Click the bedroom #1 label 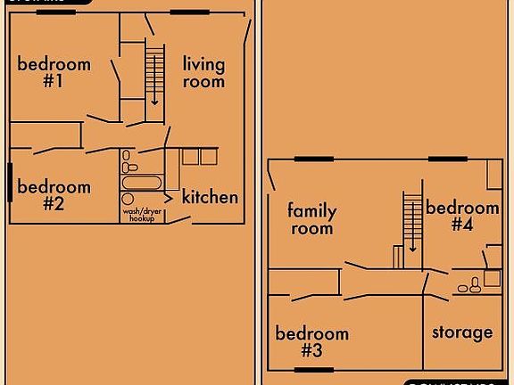54,72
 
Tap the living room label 203,72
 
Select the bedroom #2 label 54,195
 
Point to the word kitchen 210,197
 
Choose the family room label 311,219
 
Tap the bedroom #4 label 461,216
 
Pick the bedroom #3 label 311,341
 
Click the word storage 462,332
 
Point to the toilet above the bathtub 128,167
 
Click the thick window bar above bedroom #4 449,159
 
